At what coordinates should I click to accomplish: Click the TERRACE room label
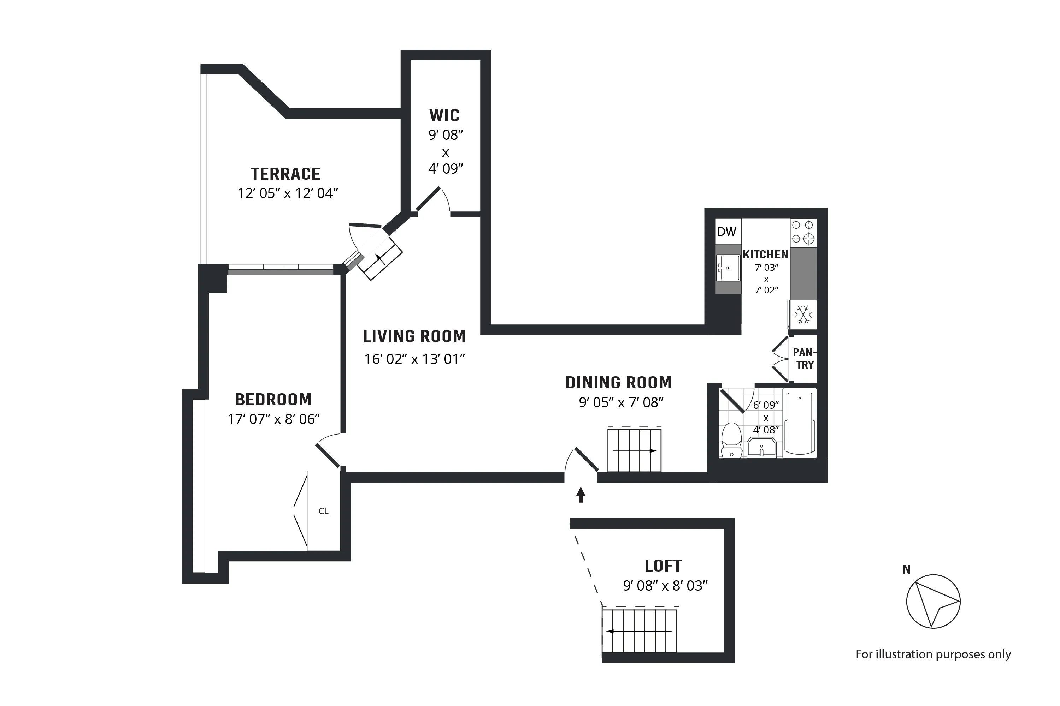(285, 174)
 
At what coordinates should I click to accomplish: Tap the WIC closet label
(444, 116)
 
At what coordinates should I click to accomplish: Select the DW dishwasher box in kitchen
(726, 232)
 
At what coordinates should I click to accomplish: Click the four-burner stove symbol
(803, 232)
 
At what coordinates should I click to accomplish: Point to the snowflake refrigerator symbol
(803, 315)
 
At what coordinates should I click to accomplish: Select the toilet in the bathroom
(731, 440)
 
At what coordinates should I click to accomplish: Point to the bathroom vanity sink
(761, 448)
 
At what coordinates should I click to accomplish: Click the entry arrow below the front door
(581, 495)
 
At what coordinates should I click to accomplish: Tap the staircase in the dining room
(634, 450)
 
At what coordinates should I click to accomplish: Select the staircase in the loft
(639, 631)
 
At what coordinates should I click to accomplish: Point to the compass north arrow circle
(933, 601)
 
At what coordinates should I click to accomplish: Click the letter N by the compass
(906, 570)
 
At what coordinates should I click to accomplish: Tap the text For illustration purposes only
(933, 654)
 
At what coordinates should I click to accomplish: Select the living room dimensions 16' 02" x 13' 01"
(414, 359)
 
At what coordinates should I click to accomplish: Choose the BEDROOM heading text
(273, 399)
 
